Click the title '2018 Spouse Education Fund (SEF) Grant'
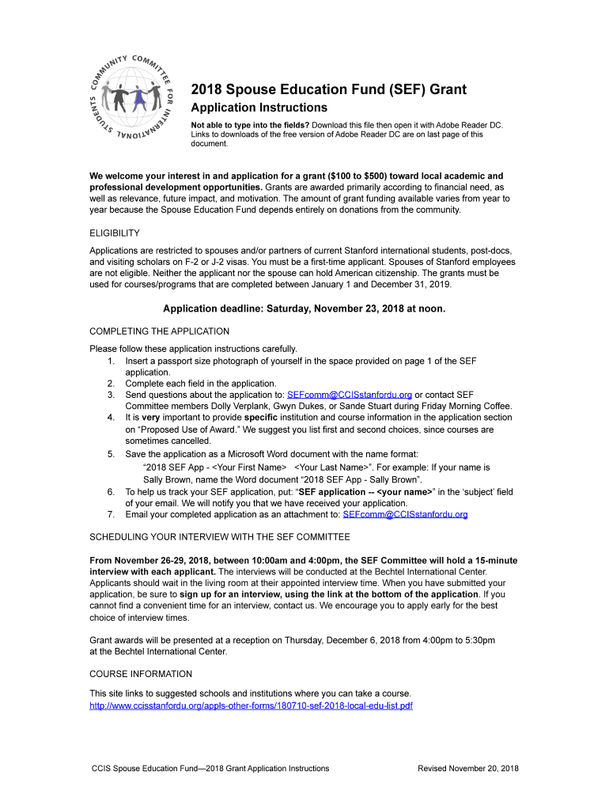[x=328, y=89]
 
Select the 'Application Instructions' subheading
[x=259, y=108]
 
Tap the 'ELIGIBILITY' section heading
[x=115, y=233]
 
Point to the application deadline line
[x=304, y=309]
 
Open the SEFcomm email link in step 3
[x=349, y=395]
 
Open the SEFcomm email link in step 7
[x=405, y=515]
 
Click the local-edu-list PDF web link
[x=251, y=706]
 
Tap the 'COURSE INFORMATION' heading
[x=141, y=674]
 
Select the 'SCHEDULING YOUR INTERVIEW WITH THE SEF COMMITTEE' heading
[x=220, y=537]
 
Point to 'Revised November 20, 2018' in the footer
[x=468, y=768]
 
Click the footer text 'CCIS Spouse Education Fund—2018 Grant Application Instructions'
[x=210, y=768]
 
